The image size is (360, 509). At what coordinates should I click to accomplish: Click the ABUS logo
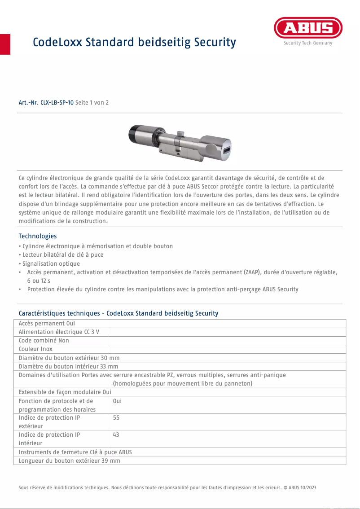[x=308, y=28]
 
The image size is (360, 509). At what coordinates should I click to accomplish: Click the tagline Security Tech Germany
[x=308, y=43]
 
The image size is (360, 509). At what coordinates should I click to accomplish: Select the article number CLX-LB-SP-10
[x=57, y=103]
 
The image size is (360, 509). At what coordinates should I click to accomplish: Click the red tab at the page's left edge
[x=5, y=44]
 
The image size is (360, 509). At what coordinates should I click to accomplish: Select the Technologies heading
[x=38, y=236]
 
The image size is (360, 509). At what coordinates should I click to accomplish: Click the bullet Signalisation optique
[x=51, y=263]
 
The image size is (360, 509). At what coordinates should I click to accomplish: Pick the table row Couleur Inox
[x=36, y=349]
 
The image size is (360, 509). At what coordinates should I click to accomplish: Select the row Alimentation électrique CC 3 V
[x=59, y=332]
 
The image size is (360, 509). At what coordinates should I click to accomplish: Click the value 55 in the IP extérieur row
[x=117, y=417]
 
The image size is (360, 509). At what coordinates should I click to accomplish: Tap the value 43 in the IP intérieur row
[x=117, y=434]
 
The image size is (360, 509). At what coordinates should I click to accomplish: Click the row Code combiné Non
[x=44, y=340]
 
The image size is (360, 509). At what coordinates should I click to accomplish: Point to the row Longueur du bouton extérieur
[x=69, y=461]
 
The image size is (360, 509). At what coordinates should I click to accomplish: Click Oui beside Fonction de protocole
[x=118, y=401]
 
